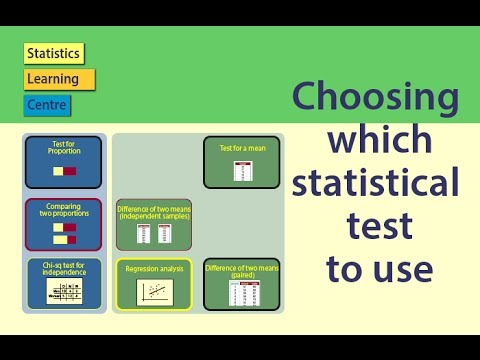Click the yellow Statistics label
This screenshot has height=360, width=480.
pos(54,54)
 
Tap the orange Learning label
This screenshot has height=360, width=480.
pos(58,79)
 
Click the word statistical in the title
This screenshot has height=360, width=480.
pos(376,184)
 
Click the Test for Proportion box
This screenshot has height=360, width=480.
pos(63,162)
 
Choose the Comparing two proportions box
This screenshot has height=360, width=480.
pos(63,224)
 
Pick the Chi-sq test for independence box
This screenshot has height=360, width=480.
pos(63,284)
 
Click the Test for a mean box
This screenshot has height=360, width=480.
pos(241,162)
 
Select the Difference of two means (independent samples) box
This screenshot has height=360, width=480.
pos(154,223)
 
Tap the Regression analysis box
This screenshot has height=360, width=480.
pos(153,284)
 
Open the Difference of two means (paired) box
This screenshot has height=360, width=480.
pos(241,284)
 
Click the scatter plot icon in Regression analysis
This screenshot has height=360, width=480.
pos(153,292)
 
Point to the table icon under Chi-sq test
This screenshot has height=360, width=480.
pos(63,292)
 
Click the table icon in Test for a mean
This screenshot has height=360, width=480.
pos(241,170)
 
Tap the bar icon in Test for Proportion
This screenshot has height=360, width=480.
pos(63,172)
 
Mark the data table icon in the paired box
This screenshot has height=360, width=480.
pos(241,294)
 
